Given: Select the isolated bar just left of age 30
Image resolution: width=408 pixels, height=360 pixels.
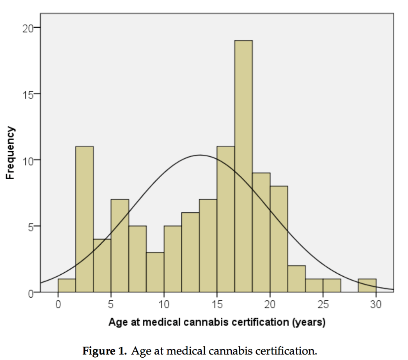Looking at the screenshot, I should [367, 286].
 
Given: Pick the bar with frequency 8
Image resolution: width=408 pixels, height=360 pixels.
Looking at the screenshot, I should [279, 239].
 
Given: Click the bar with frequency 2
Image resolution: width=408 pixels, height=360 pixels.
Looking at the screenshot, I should [296, 279].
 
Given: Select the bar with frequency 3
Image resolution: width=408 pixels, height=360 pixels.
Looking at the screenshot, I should [155, 272].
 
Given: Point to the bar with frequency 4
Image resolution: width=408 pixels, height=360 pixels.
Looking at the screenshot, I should [102, 266].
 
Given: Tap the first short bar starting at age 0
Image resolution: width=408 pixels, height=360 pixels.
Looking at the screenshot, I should [67, 286].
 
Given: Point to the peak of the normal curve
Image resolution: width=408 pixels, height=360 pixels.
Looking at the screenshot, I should [200, 155].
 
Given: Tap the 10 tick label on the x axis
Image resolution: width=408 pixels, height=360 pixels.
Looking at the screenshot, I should [164, 304].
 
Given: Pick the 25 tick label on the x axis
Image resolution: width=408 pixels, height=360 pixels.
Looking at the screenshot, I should [323, 304].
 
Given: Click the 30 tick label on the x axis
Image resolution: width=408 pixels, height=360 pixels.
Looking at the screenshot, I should [376, 304].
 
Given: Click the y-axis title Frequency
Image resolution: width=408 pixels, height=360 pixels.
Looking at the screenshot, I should [11, 153].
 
